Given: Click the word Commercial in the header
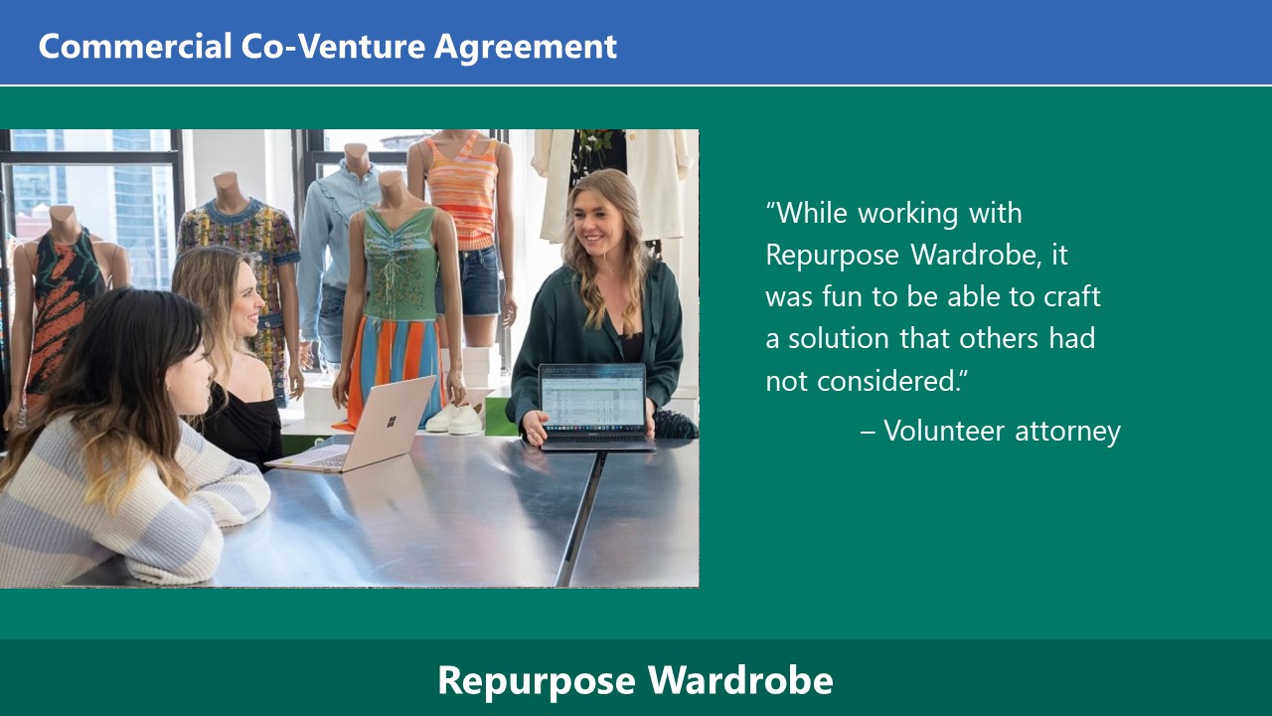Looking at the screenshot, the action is (135, 46).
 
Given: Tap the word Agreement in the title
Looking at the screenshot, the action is (526, 48).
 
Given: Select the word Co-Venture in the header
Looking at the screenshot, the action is (333, 46).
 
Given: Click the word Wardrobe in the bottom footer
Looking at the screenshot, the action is (740, 679).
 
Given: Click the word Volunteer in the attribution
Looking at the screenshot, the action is (944, 431).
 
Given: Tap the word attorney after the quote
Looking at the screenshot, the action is (1067, 432).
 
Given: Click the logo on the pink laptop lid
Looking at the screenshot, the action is (392, 422).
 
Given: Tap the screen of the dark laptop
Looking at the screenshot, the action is (593, 398).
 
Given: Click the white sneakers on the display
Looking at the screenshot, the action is (454, 420).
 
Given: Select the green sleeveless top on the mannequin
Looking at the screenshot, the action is (399, 264).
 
